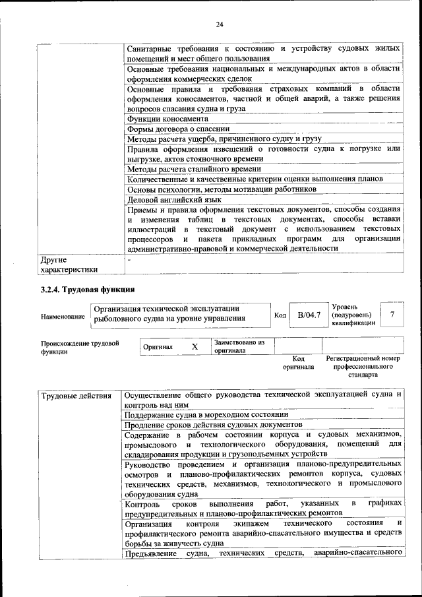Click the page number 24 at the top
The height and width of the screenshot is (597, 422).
point(220,25)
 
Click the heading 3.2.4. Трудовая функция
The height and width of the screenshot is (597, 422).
point(88,289)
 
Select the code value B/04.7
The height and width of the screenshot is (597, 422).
point(309,315)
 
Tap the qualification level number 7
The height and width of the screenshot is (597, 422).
point(392,315)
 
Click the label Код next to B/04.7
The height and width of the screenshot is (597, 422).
point(280,316)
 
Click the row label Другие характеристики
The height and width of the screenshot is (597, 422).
point(69,264)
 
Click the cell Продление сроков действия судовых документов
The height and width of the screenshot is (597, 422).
point(213,425)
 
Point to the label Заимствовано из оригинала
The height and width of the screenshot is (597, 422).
point(239,346)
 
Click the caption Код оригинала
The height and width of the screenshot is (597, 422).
point(298,362)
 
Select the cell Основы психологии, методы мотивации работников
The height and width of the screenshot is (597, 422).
point(222,189)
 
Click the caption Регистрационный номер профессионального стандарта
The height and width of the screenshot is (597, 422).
point(363,366)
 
